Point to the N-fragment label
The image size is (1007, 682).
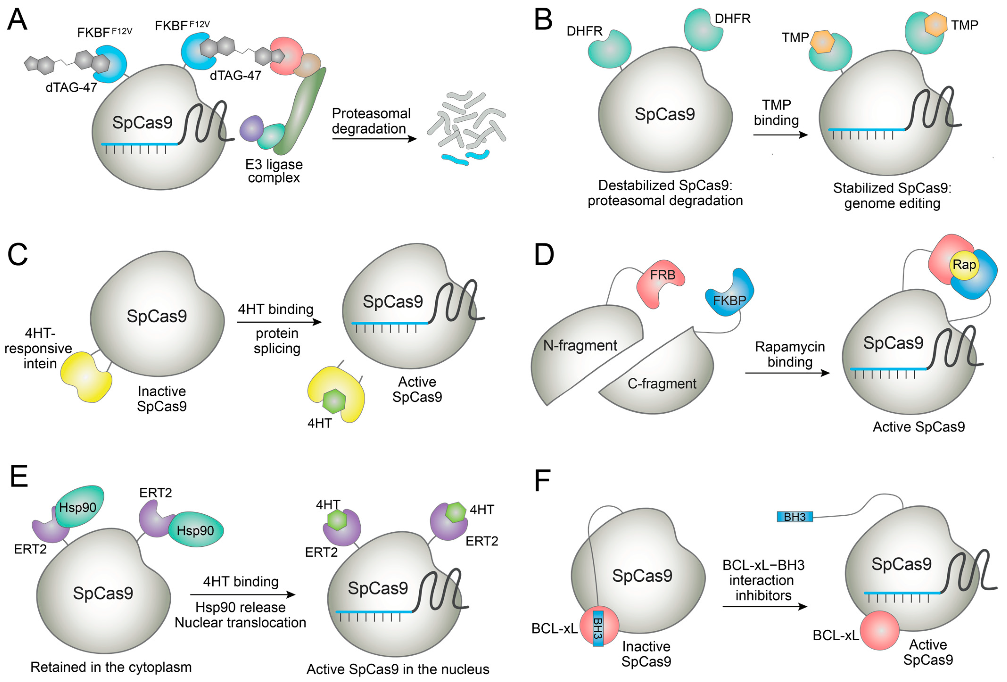click(x=580, y=345)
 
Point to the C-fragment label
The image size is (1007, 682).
click(x=662, y=383)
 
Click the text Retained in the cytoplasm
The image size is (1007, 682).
click(x=111, y=667)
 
